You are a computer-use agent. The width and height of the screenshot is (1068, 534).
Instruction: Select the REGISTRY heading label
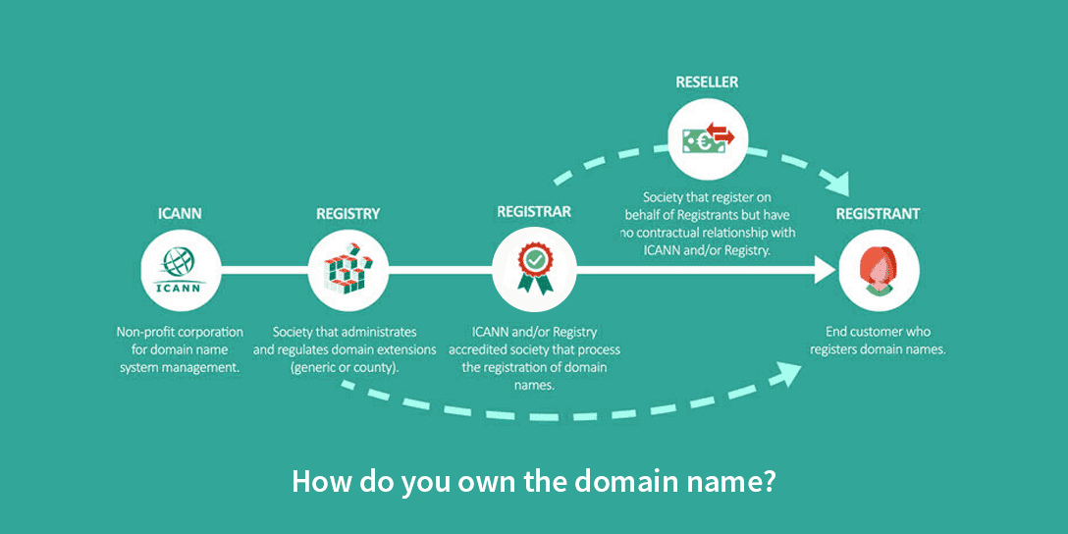[347, 212]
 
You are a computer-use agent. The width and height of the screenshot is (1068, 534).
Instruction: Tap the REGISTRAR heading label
[533, 212]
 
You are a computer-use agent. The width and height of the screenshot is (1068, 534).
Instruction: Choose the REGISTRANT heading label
[878, 212]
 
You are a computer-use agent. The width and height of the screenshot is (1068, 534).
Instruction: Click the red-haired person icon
[880, 271]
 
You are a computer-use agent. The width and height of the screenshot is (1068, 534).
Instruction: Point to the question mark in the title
[769, 483]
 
